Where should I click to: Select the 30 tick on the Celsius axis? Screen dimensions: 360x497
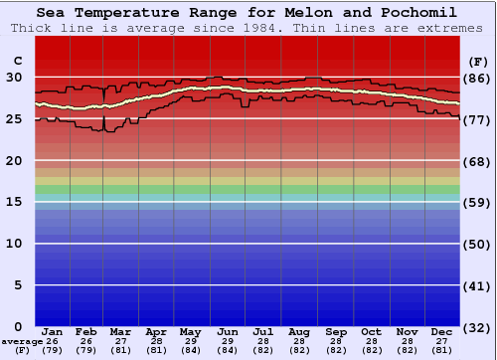[14, 78]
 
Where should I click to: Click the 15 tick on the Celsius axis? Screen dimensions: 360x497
[14, 202]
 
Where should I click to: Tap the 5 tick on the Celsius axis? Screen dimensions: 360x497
[18, 285]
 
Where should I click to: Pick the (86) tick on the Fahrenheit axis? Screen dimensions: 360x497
[478, 78]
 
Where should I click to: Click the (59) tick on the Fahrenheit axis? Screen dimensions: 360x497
[478, 202]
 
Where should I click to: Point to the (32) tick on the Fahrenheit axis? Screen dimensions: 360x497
[478, 327]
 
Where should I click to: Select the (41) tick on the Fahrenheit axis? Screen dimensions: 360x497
[478, 285]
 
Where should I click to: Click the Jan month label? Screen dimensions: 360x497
[53, 331]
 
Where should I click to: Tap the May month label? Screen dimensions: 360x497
[190, 331]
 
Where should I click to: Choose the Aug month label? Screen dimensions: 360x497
[298, 331]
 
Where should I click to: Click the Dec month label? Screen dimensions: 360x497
[442, 331]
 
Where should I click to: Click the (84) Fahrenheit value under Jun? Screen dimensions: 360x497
[227, 350]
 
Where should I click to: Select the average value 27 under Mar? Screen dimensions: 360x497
[120, 341]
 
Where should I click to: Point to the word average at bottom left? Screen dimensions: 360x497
[22, 341]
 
